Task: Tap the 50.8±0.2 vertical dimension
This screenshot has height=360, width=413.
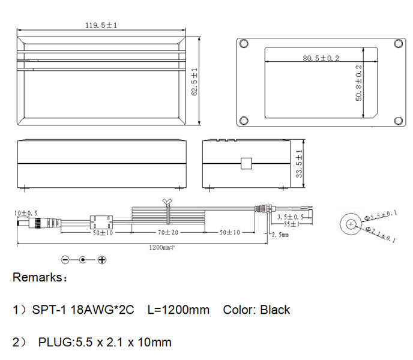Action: [360, 83]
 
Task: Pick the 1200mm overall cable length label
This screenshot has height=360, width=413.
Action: [161, 247]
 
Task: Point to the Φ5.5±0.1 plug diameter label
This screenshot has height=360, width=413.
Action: [381, 214]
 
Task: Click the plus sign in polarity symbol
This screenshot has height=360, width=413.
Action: [102, 260]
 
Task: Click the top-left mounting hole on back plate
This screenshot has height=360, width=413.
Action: [243, 44]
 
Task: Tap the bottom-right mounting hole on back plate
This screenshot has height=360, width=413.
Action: [398, 121]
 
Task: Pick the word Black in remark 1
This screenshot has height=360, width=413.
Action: [274, 310]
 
